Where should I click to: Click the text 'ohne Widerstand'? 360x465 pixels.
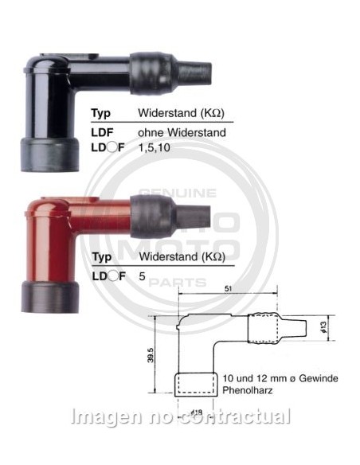182,132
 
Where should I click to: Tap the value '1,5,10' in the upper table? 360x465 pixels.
155,149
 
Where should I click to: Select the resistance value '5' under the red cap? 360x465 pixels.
142,276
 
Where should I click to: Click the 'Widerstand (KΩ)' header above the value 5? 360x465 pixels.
182,257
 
